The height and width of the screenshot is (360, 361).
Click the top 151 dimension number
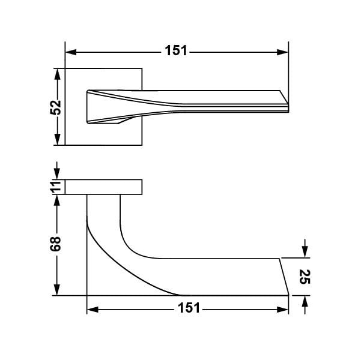click(176, 50)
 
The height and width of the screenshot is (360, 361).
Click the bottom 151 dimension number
click(189, 308)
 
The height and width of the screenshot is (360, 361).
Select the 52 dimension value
click(56, 107)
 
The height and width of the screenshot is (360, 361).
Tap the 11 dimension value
click(56, 187)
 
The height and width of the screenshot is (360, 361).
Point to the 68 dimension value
click(56, 244)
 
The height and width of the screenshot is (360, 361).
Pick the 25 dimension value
click(305, 277)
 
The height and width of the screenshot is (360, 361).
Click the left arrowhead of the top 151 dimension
click(71, 52)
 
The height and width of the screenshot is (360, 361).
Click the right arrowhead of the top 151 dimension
click(282, 52)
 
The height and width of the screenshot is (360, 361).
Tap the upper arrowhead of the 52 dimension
click(57, 74)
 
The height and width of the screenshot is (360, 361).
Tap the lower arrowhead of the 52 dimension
click(57, 139)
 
